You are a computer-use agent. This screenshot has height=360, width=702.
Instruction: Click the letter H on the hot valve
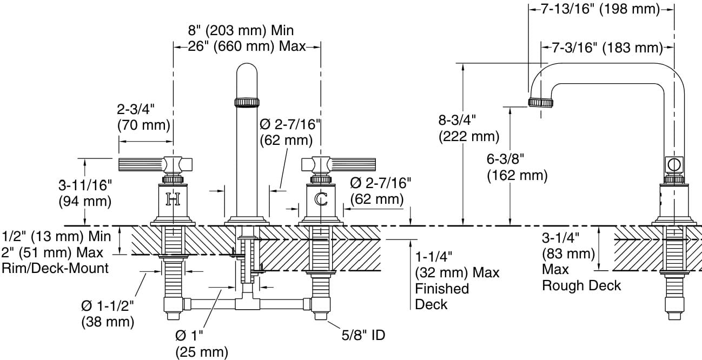(173, 200)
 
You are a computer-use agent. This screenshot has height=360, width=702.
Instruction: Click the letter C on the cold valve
(321, 200)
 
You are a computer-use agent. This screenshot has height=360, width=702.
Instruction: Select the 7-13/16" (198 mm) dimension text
(600, 9)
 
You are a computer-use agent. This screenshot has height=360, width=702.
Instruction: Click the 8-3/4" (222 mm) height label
(468, 128)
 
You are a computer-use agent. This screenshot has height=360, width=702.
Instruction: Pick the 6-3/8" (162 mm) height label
(516, 166)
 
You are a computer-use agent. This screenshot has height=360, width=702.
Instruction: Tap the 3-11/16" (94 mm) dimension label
(85, 193)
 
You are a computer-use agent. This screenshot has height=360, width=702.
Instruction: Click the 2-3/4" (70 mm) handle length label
(143, 117)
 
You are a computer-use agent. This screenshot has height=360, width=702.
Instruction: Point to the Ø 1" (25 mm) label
(201, 344)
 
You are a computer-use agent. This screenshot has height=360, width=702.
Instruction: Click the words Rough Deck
(581, 285)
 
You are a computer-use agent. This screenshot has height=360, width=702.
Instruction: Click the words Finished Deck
(442, 296)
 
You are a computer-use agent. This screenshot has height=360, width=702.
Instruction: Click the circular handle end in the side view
(674, 164)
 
